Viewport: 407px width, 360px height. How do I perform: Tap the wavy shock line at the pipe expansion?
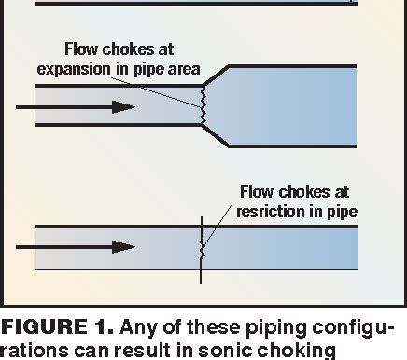(202, 105)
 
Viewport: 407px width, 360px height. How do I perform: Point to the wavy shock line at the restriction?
(203, 248)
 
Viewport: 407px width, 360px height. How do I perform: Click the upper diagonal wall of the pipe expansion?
(217, 75)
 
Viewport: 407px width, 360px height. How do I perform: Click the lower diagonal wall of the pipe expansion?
(217, 136)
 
